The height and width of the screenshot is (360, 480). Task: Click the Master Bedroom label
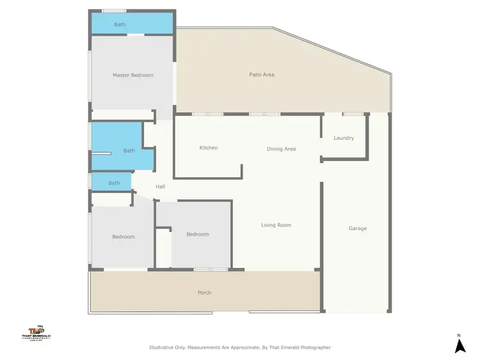pos(133,75)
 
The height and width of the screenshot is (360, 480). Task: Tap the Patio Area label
pos(262,75)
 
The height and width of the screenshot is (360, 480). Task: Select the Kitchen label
pos(209,148)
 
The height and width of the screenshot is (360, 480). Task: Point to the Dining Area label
pos(281,149)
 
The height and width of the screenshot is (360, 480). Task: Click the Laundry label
pos(344,138)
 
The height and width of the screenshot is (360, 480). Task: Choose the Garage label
pos(358,228)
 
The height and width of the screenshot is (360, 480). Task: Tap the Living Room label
pos(276,225)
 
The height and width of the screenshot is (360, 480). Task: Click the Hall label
pos(161,187)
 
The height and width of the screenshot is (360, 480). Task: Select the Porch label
pos(204,293)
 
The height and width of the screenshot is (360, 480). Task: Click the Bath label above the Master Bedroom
pos(120,24)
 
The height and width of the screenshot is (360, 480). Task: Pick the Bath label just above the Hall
pos(114,183)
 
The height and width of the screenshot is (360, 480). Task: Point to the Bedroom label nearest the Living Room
pos(198,234)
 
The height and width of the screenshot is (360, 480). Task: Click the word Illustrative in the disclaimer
pos(163,348)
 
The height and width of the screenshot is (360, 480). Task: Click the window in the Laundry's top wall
pos(353,114)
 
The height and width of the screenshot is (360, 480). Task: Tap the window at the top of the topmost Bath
pos(114,10)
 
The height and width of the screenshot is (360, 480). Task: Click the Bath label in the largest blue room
pos(129,151)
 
